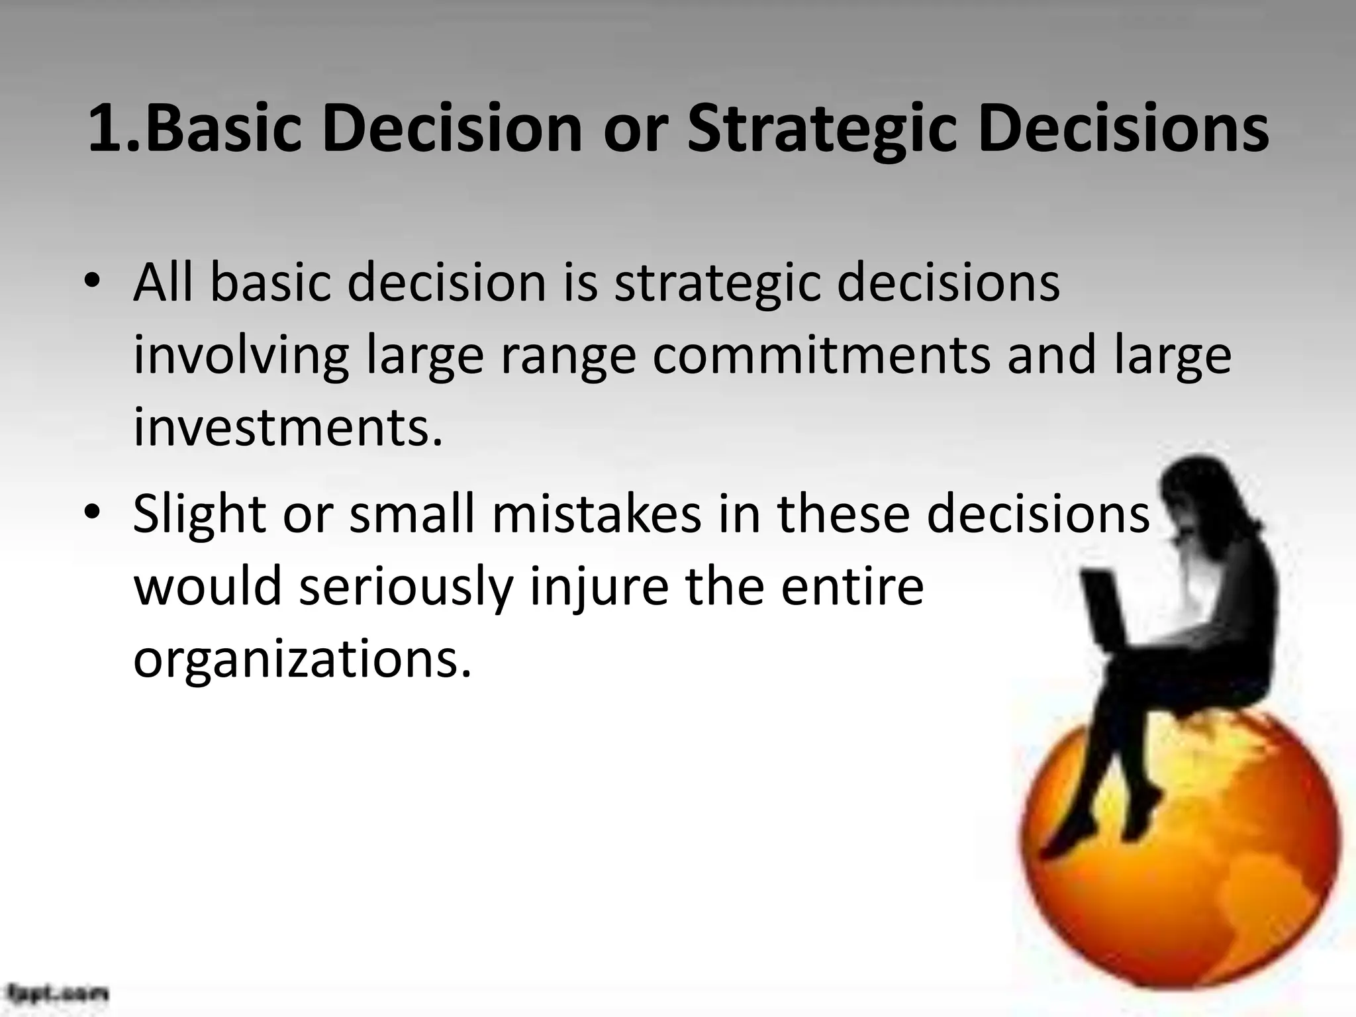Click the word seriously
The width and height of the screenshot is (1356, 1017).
click(406, 588)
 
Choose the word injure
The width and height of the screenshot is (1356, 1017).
click(599, 588)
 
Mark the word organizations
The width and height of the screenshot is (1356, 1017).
click(303, 660)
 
